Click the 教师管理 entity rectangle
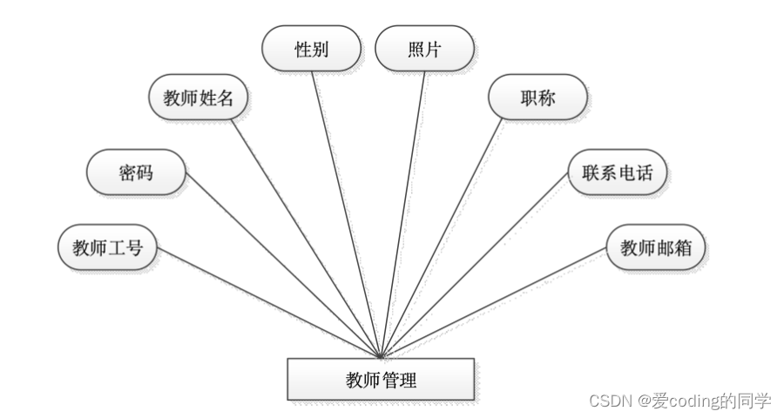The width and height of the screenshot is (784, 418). coord(381,380)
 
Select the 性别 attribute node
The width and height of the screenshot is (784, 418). coord(311,49)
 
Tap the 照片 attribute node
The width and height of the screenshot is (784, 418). coord(424,49)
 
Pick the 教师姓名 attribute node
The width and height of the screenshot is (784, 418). coord(199,98)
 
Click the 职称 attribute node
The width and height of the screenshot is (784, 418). coord(537,98)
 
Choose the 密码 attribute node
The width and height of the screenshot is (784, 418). coord(136,172)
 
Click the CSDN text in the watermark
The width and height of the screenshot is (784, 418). coord(610,401)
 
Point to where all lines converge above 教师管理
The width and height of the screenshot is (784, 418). coord(381,355)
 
